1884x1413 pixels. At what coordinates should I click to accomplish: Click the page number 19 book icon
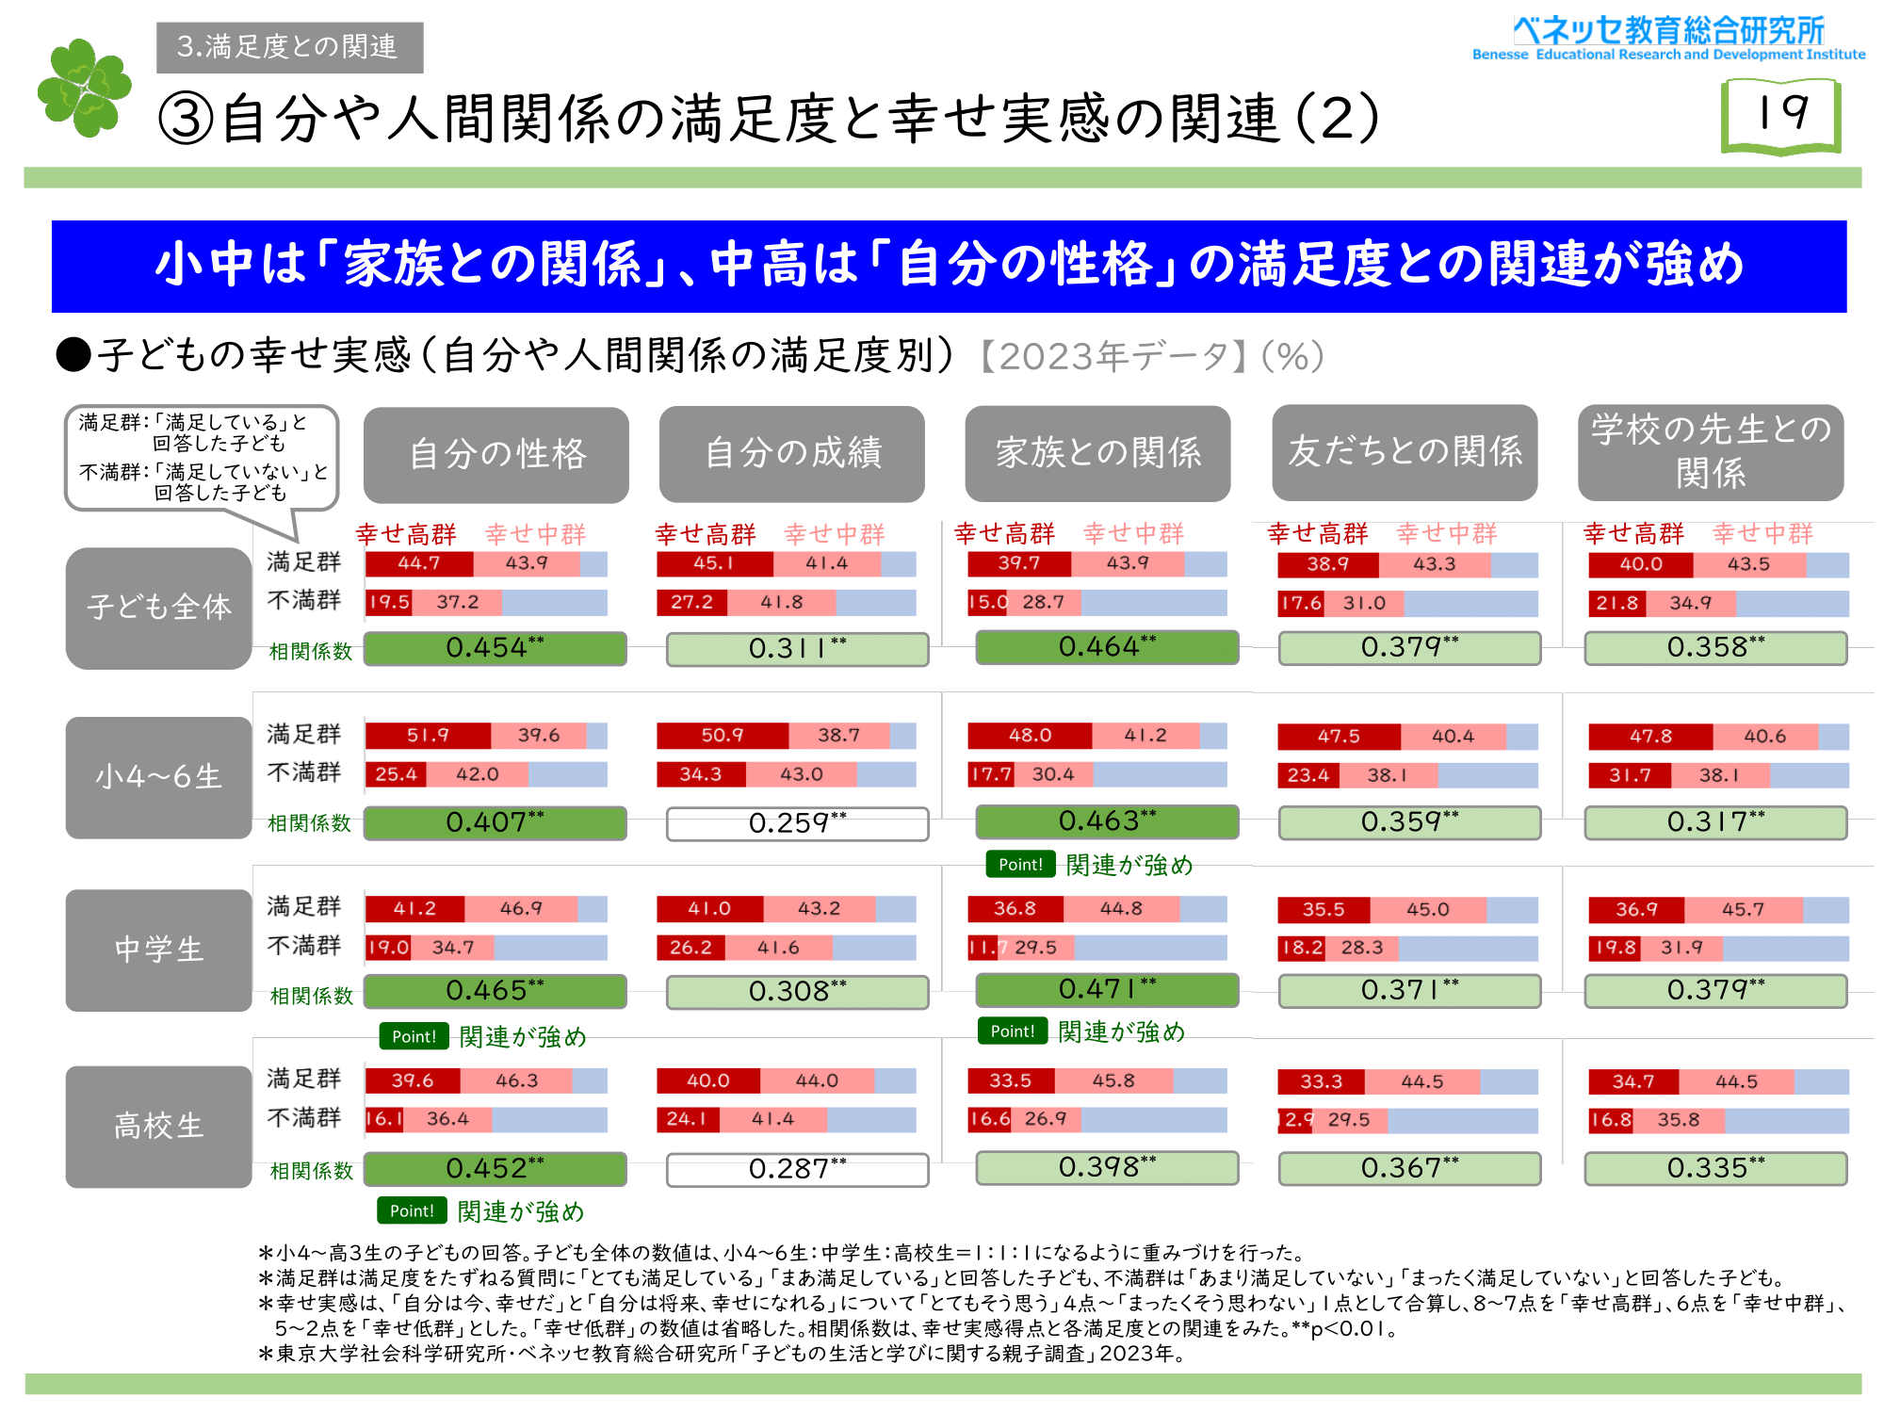point(1780,115)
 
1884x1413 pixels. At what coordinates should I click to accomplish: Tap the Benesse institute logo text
point(1668,39)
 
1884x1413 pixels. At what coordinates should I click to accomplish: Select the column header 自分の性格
point(496,454)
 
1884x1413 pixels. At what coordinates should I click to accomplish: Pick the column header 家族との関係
point(1097,453)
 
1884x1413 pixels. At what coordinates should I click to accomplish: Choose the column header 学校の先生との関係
point(1710,452)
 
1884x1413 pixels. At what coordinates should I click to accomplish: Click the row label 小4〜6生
point(158,777)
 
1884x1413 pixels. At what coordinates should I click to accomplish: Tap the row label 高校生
point(158,1126)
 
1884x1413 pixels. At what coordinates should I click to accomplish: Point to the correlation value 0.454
point(495,648)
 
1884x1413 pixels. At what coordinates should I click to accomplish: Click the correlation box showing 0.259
point(797,823)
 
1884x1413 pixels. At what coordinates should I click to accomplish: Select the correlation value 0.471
point(1107,989)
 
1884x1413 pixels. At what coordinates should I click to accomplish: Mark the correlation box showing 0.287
point(797,1169)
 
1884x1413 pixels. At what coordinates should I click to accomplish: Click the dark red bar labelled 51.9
point(428,736)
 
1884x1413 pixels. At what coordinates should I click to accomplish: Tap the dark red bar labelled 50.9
point(722,736)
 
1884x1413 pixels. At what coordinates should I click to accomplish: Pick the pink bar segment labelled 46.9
point(521,909)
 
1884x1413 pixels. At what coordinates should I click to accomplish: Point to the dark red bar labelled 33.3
point(1321,1081)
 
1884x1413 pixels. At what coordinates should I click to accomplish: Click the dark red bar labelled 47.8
point(1650,737)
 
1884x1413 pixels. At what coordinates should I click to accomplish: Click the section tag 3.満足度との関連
point(289,47)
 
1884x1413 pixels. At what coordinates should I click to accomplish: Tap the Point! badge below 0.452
point(412,1210)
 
